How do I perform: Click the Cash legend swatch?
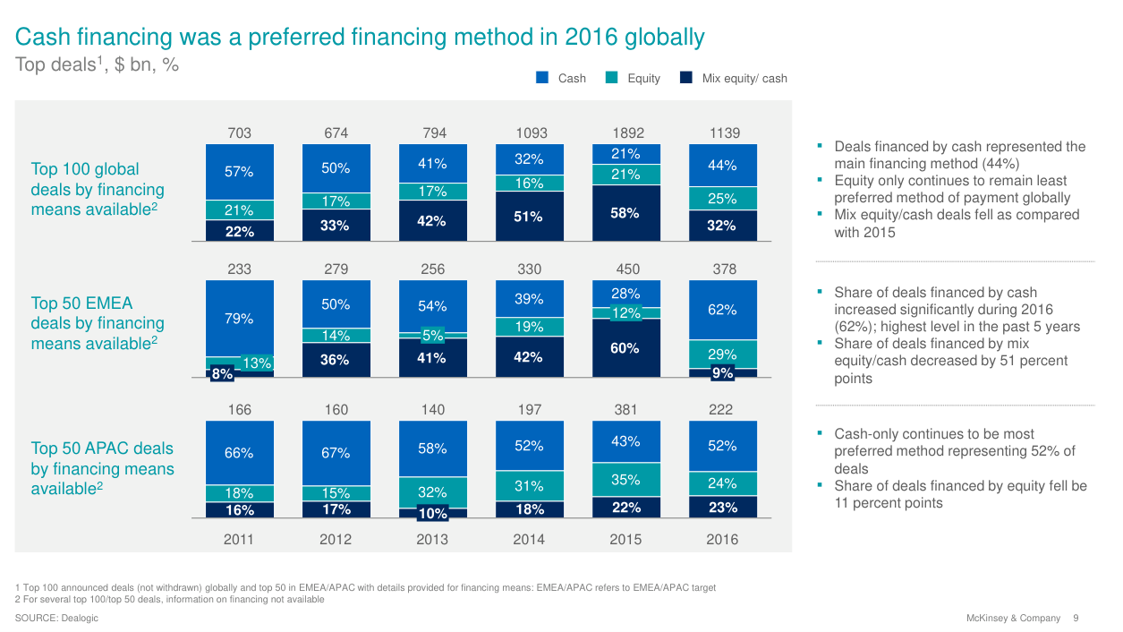tap(542, 78)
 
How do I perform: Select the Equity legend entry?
tap(643, 78)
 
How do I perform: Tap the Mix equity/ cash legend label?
tap(744, 78)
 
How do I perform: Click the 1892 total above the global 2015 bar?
tap(625, 133)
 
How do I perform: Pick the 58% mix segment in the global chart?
tap(625, 213)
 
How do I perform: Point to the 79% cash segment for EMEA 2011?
tap(239, 319)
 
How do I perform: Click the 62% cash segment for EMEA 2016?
tap(722, 310)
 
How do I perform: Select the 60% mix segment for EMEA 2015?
tap(625, 348)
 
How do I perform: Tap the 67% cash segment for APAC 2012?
tap(336, 453)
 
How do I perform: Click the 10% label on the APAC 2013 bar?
tap(432, 514)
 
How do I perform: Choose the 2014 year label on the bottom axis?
tap(529, 539)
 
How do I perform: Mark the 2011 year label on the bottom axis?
tap(239, 539)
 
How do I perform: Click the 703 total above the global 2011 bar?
tap(239, 133)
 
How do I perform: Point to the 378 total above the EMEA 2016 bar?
tap(722, 269)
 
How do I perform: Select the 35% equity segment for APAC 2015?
tap(625, 480)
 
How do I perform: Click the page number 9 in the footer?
tap(1076, 619)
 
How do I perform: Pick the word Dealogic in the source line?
tap(79, 619)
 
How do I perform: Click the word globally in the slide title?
tap(664, 38)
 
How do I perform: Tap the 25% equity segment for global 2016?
tap(722, 199)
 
